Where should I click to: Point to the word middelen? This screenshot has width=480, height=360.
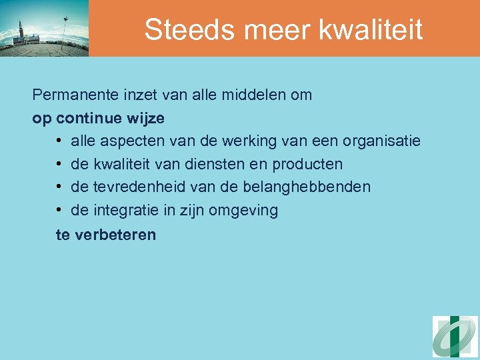254,95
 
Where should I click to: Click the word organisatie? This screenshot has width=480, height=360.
381,141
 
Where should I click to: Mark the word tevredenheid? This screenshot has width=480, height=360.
135,187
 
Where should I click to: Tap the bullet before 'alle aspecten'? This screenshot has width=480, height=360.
59,141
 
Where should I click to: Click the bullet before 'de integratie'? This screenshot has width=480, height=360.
59,211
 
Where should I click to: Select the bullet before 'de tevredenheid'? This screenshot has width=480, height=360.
59,187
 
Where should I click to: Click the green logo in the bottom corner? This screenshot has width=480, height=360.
455,337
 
